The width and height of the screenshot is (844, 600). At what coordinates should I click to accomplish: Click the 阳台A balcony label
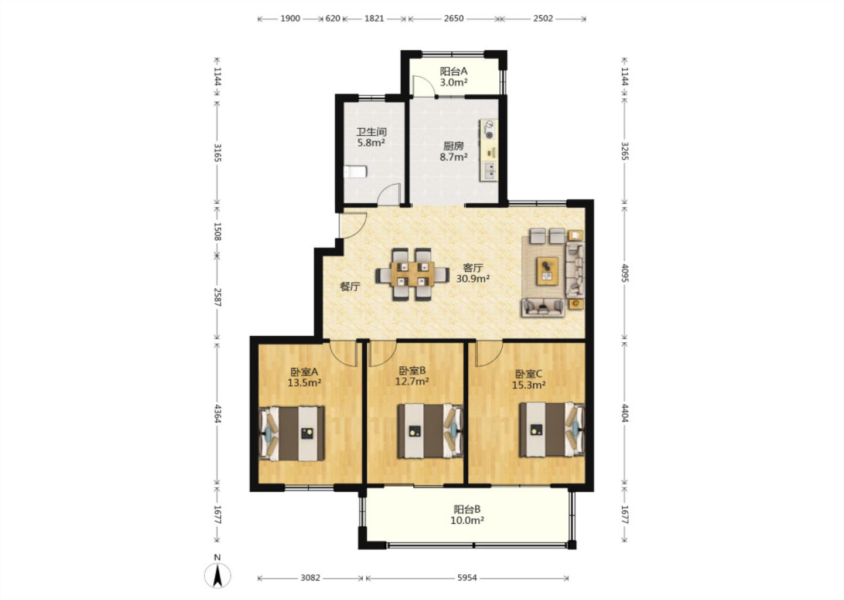tap(454, 71)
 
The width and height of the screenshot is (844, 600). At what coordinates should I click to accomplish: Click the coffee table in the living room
tap(548, 271)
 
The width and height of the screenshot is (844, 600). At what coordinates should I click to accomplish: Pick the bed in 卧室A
tap(292, 433)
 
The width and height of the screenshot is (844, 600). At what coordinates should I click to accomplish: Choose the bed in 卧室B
tap(430, 431)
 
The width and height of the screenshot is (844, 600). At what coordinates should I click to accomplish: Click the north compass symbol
tap(217, 575)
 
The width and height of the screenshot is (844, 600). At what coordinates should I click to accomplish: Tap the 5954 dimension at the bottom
tap(467, 577)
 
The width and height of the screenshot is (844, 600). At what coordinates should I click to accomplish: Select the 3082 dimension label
tap(310, 577)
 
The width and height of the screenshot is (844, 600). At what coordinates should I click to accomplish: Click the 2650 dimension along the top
tap(454, 18)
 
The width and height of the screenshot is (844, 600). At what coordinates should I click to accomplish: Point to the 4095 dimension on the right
tap(625, 273)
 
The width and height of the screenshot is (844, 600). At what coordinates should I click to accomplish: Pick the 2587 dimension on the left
tap(217, 297)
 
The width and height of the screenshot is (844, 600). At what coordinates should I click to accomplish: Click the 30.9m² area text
tap(473, 279)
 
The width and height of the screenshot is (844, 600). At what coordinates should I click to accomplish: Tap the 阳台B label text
tap(467, 510)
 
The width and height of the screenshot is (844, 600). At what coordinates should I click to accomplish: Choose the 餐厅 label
tap(350, 287)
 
